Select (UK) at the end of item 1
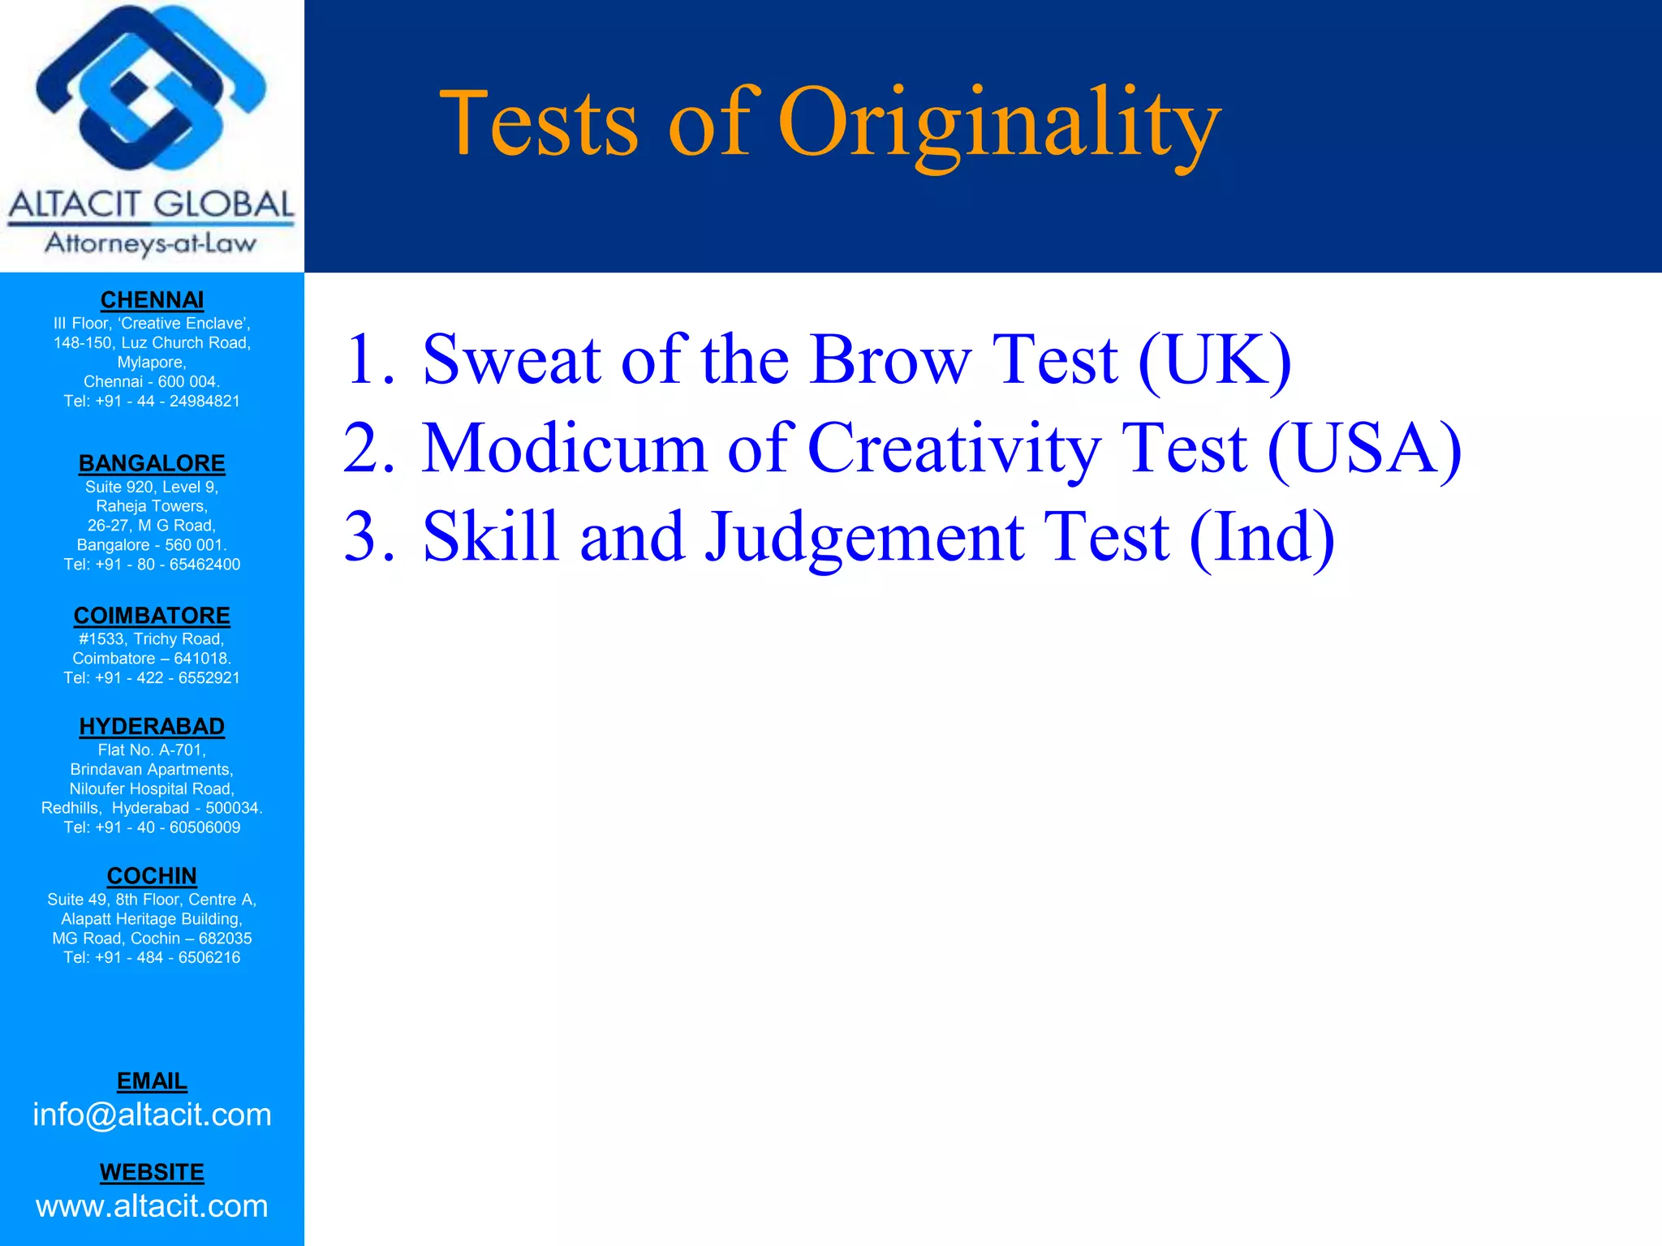pos(1214,361)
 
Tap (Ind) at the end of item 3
pos(1261,537)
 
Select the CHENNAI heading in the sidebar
pos(152,300)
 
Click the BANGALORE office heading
pos(152,463)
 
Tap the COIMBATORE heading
pos(152,616)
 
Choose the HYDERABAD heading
pos(152,726)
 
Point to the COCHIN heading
pos(152,876)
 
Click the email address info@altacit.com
pos(152,1115)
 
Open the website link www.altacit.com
pos(152,1206)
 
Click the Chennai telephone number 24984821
pos(205,402)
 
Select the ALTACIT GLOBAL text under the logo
pos(152,204)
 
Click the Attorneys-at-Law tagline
pos(152,243)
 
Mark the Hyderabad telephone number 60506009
pos(205,827)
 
